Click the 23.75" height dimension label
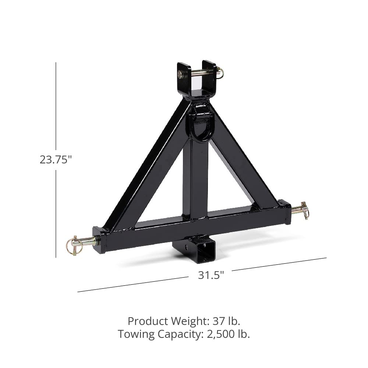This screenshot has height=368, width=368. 56,160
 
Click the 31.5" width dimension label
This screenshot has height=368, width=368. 211,275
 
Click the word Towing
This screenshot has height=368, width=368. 137,334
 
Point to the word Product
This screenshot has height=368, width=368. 146,321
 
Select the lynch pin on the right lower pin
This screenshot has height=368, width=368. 304,210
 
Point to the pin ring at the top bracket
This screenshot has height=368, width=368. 220,72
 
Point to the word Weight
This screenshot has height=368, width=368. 189,321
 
